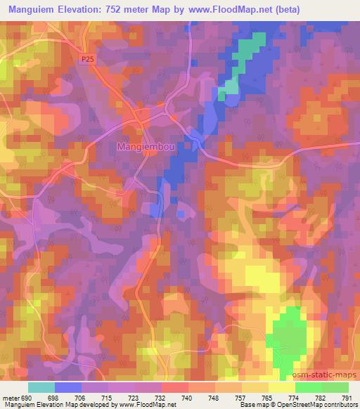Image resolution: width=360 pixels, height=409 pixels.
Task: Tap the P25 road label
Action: pos(87,60)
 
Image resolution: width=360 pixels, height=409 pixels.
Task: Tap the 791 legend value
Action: pos(347,398)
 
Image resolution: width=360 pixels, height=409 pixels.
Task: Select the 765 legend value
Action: pos(267,398)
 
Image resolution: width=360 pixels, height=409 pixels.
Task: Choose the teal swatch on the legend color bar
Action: pos(41,387)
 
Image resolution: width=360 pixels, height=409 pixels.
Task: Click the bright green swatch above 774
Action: pos(308,387)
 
